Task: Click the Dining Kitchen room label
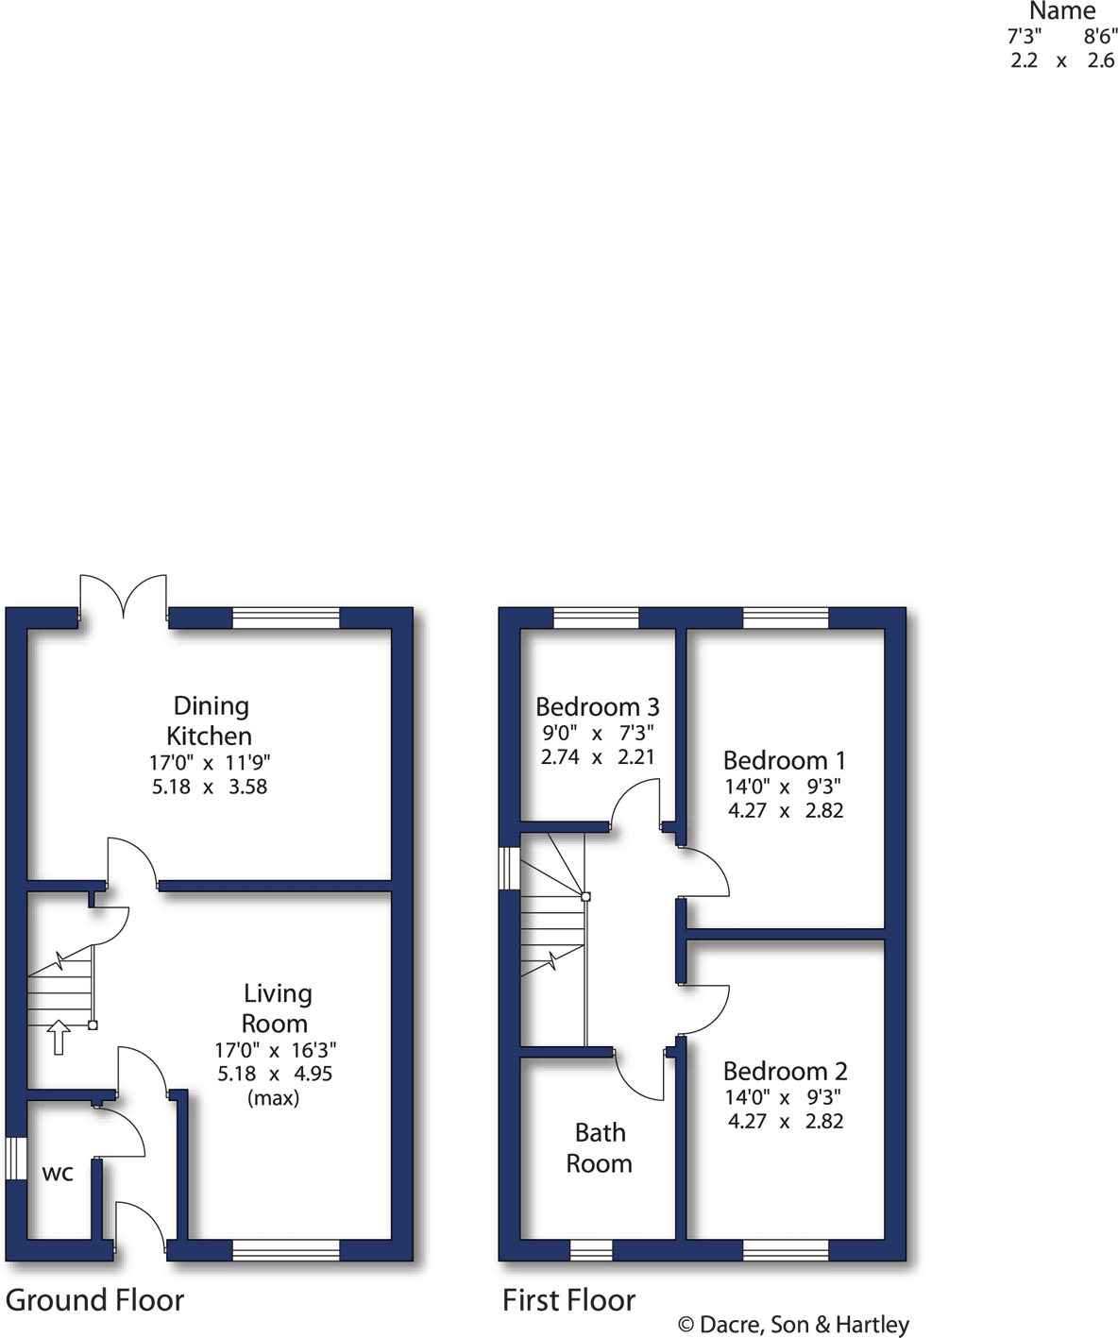(x=210, y=720)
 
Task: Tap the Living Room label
(x=275, y=1008)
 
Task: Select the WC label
(x=58, y=1174)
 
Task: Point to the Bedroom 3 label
(x=597, y=706)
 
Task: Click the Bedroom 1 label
(x=784, y=760)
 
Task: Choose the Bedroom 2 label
(x=785, y=1071)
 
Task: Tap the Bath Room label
(x=600, y=1147)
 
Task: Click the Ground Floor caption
(x=94, y=1300)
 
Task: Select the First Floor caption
(x=568, y=1300)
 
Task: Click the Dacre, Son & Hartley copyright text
(x=793, y=1325)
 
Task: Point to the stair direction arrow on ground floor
(x=59, y=1037)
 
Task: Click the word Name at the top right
(x=1062, y=11)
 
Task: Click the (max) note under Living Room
(x=273, y=1098)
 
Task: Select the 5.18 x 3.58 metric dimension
(x=210, y=787)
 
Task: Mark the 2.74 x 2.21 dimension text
(x=597, y=756)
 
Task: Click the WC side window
(x=15, y=1158)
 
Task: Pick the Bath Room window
(x=591, y=1250)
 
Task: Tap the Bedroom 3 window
(x=596, y=618)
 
